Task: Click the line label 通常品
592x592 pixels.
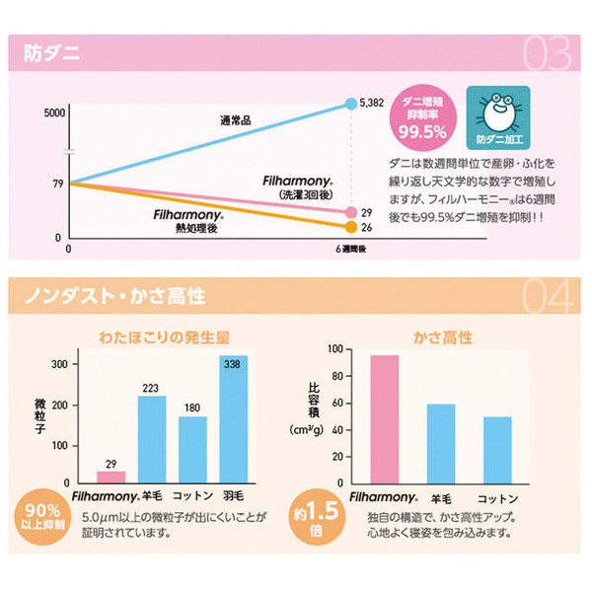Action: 237,121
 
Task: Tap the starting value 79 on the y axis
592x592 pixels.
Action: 56,184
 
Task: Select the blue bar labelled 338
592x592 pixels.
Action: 234,419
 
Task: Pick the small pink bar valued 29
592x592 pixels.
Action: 111,477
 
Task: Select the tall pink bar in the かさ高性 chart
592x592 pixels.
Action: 385,419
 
